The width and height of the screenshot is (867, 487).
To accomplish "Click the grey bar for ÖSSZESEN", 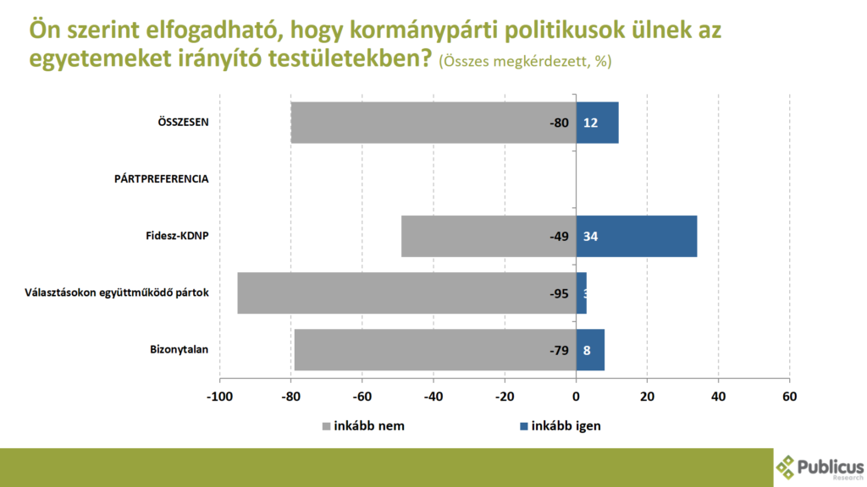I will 433,123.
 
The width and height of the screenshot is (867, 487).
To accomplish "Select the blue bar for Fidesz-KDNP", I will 637,236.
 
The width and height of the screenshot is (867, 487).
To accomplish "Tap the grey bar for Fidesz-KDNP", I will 489,236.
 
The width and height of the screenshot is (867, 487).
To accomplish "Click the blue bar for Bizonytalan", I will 590,349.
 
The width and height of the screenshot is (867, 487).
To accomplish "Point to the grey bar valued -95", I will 406,293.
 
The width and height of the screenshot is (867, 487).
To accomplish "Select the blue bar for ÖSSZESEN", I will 598,123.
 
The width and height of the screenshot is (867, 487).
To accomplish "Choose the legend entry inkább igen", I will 560,425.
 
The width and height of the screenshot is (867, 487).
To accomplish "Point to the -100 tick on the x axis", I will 219,397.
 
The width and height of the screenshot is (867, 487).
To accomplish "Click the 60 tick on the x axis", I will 790,397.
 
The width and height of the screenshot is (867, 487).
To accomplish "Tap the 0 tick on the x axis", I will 576,397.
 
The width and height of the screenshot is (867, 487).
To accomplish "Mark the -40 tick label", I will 433,397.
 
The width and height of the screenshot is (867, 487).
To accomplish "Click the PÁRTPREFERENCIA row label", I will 161,179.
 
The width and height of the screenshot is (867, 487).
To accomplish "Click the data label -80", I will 559,123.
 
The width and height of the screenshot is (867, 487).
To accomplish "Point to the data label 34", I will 591,236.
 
